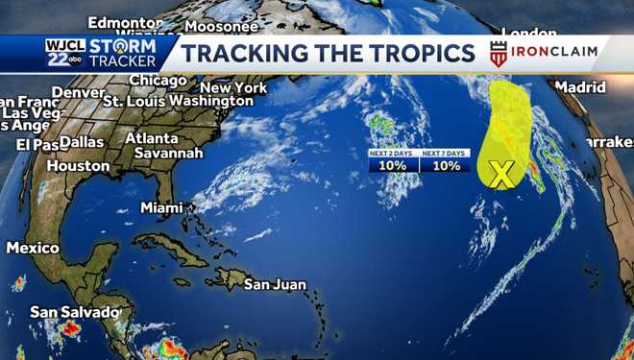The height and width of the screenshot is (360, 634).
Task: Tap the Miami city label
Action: click(x=161, y=207)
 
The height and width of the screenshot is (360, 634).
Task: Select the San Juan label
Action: click(x=275, y=284)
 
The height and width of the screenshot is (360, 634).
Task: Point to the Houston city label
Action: click(x=78, y=165)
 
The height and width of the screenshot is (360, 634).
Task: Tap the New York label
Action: click(x=233, y=87)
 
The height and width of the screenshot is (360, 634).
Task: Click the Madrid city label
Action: click(x=580, y=86)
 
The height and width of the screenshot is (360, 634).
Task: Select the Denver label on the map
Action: click(x=78, y=92)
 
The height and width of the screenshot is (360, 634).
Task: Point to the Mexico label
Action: click(x=32, y=248)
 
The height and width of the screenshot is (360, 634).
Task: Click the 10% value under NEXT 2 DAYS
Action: click(x=393, y=165)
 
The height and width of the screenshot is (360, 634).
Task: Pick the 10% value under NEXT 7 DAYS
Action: click(x=446, y=165)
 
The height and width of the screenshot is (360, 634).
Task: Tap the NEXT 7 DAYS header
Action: click(x=446, y=153)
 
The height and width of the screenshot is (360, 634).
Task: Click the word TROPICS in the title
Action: click(x=423, y=53)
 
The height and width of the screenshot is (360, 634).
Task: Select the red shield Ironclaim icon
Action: click(x=498, y=54)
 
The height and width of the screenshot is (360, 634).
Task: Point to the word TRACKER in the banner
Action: click(x=125, y=62)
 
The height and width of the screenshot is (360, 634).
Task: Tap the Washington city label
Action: click(x=216, y=101)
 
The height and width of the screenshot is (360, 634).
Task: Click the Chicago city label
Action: click(x=157, y=80)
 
